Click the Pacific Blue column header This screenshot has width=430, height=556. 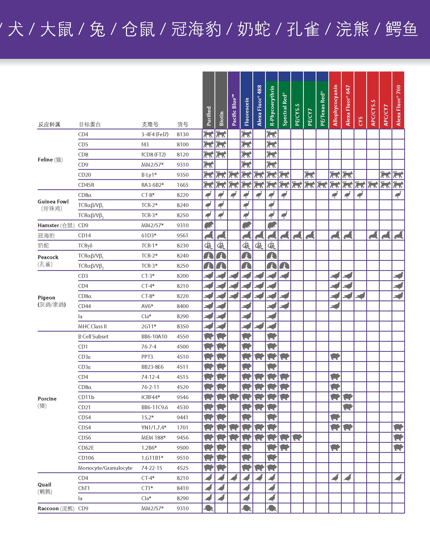pyautogui.click(x=234, y=110)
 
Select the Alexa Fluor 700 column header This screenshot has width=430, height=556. pyautogui.click(x=398, y=105)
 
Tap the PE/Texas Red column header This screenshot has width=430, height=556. pyautogui.click(x=322, y=108)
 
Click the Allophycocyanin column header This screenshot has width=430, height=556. pyautogui.click(x=335, y=105)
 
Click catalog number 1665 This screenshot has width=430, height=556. pyautogui.click(x=183, y=185)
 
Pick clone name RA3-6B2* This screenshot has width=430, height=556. pyautogui.click(x=152, y=185)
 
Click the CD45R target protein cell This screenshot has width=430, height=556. pyautogui.click(x=86, y=185)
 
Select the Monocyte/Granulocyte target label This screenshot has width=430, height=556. pyautogui.click(x=105, y=468)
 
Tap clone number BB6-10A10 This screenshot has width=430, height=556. pyautogui.click(x=154, y=337)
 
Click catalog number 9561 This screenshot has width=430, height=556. pyautogui.click(x=183, y=236)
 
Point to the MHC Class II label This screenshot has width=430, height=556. pyautogui.click(x=92, y=326)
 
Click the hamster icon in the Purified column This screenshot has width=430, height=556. pyautogui.click(x=209, y=225)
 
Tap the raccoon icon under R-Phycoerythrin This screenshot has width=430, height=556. pyautogui.click(x=272, y=508)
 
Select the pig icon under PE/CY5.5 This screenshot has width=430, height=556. pyautogui.click(x=297, y=438)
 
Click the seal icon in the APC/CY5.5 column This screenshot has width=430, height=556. pyautogui.click(x=373, y=236)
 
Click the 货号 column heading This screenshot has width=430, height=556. pyautogui.click(x=183, y=125)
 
